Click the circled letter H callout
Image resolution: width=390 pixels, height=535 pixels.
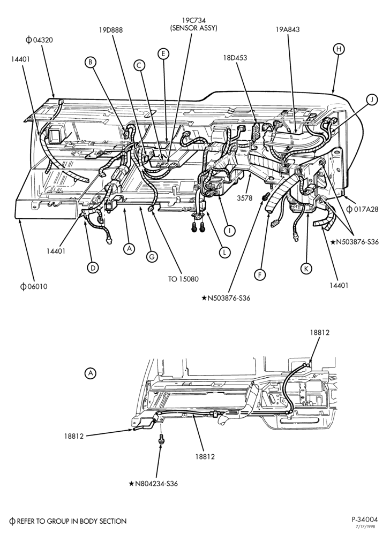[338, 49]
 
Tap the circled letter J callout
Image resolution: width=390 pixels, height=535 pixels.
[372, 100]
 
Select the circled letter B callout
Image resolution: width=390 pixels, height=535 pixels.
[91, 62]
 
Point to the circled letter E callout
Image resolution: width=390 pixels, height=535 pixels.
[163, 53]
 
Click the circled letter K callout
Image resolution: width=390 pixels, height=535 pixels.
[306, 269]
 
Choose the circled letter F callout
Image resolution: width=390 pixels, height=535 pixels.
[260, 274]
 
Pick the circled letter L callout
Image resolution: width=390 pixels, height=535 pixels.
[224, 253]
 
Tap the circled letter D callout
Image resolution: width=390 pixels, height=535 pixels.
[93, 268]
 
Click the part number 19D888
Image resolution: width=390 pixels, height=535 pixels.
[111, 30]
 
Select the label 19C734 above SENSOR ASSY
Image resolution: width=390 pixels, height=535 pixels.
[193, 21]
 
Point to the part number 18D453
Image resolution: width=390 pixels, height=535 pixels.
[235, 58]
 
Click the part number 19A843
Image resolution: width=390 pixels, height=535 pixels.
[288, 29]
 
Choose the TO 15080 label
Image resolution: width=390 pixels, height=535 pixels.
[183, 279]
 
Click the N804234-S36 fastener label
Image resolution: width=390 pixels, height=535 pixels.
[153, 484]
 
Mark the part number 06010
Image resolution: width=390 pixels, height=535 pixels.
[34, 287]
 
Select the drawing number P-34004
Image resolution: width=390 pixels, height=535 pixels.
[365, 519]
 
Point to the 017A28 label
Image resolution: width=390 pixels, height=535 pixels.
[362, 209]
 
